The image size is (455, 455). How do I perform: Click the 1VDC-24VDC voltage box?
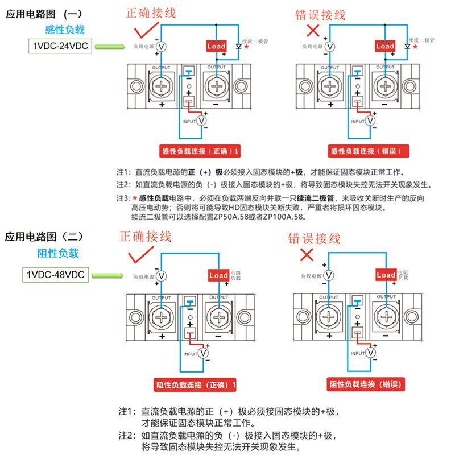(60, 46)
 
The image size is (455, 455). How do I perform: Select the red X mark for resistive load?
(307, 254)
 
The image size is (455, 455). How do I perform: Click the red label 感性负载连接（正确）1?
(200, 151)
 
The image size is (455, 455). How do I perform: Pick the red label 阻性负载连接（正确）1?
(195, 385)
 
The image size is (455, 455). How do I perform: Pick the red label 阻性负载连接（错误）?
(366, 384)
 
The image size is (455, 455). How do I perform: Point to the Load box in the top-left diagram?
(216, 46)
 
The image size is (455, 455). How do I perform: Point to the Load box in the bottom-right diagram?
(386, 275)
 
